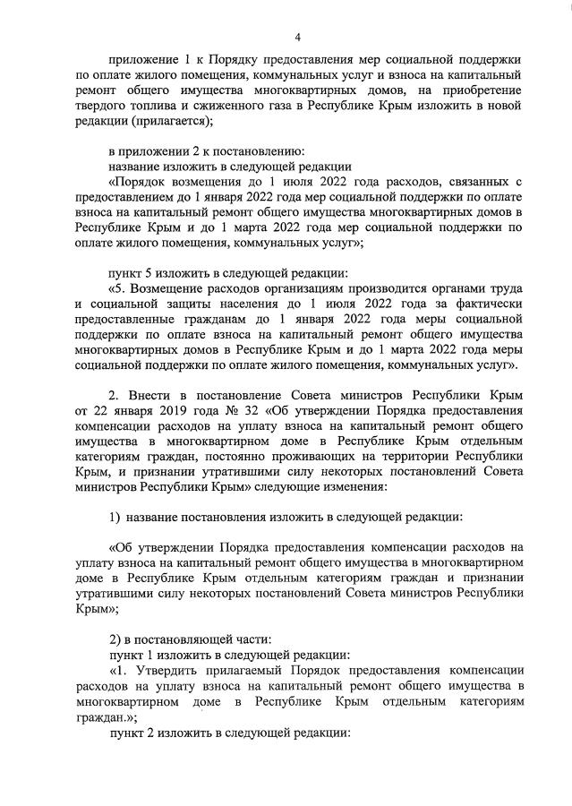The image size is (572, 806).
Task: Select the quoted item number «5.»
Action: click(x=121, y=291)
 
